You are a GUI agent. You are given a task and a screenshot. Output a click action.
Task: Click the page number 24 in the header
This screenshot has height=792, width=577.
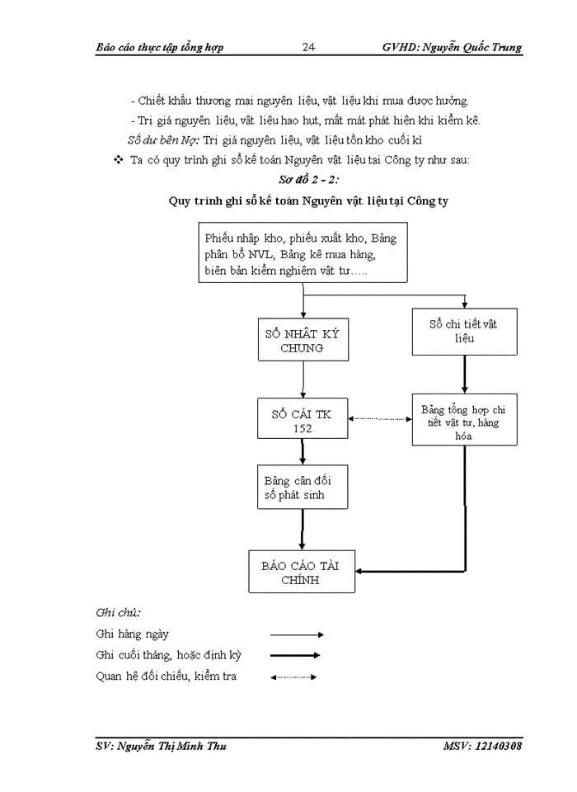click(x=308, y=47)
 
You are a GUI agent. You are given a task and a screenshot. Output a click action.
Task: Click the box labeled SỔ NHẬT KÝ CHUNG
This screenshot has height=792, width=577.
click(x=303, y=341)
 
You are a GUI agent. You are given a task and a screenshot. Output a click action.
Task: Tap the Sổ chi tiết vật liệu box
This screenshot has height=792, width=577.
click(x=464, y=331)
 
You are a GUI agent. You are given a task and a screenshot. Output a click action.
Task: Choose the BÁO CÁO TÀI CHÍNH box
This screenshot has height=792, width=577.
click(x=302, y=573)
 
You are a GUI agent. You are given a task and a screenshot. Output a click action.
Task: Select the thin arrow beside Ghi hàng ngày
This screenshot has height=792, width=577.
click(x=297, y=634)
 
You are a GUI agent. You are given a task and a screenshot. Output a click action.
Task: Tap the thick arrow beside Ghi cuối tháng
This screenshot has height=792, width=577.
click(x=294, y=656)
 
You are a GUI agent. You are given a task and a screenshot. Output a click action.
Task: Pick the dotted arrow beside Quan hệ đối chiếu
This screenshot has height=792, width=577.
click(x=293, y=677)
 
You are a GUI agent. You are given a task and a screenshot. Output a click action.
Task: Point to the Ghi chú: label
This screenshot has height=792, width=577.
click(x=119, y=612)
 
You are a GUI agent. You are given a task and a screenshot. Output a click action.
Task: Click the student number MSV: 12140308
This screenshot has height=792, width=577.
click(x=481, y=746)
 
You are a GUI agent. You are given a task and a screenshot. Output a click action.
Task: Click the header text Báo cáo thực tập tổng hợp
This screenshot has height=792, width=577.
click(x=160, y=47)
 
